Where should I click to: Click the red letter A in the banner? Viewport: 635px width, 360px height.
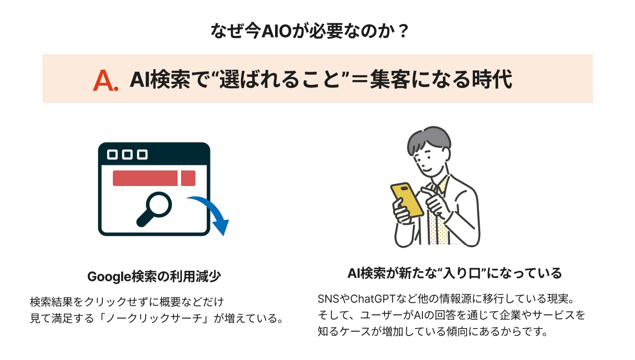click(x=104, y=81)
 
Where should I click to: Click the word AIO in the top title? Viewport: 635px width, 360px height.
click(x=276, y=31)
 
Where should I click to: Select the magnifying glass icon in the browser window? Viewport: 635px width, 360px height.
click(x=154, y=209)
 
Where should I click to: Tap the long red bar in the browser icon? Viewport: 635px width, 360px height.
click(x=145, y=178)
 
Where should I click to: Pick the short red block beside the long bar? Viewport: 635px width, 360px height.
click(x=188, y=178)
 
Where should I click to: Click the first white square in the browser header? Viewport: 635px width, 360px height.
click(x=112, y=155)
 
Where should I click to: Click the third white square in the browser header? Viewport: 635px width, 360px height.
click(x=142, y=155)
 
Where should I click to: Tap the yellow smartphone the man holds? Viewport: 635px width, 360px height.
click(x=407, y=200)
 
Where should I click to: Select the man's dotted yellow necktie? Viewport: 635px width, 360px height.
click(x=438, y=216)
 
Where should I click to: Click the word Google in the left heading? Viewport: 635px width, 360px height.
click(x=110, y=276)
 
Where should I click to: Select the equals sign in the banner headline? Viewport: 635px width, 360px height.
click(x=359, y=79)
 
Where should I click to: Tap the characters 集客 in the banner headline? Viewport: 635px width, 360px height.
click(x=390, y=79)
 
